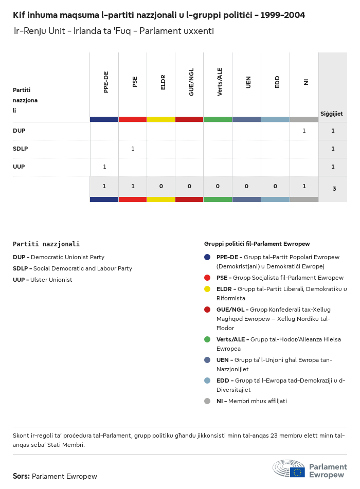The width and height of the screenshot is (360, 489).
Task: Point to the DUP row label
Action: (19, 131)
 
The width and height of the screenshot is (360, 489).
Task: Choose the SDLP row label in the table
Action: (20, 149)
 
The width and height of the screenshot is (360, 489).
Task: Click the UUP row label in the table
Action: (19, 167)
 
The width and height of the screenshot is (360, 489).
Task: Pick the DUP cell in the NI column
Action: (304, 131)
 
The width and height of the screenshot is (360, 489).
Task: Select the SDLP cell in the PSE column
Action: (133, 149)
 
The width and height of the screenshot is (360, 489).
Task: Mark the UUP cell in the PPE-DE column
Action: (104, 167)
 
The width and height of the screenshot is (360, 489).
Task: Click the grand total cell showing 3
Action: (334, 189)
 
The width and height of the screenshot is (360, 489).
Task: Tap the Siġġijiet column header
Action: (332, 114)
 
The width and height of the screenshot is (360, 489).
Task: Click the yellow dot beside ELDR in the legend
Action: (207, 289)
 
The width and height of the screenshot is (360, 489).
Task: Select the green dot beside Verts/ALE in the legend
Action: (207, 339)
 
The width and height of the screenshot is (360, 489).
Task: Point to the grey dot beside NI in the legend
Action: (207, 401)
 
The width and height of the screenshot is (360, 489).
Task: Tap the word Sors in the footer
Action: (21, 476)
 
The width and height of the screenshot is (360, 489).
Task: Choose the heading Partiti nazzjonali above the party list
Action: (46, 244)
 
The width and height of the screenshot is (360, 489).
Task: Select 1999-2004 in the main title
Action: (282, 15)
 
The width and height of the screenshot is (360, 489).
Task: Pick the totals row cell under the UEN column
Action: (247, 186)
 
